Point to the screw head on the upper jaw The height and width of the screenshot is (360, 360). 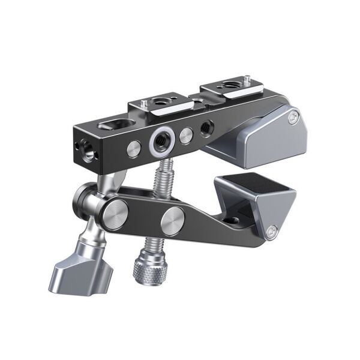[294, 116]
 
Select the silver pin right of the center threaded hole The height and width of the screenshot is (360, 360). [188, 132]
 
